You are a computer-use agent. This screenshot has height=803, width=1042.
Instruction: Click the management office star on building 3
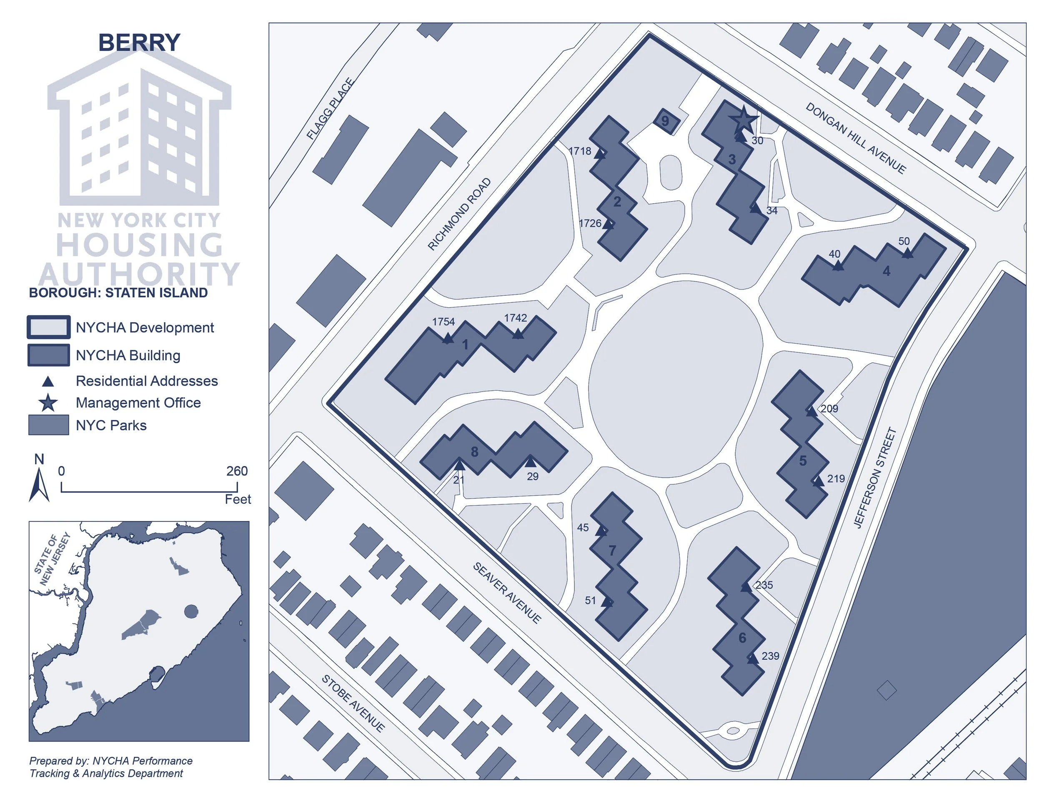743,120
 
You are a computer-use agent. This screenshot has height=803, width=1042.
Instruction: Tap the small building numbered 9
665,121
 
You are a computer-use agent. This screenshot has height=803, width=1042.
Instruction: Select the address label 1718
580,151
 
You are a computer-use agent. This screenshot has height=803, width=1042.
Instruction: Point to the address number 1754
443,322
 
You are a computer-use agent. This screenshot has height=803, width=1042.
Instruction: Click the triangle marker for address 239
752,658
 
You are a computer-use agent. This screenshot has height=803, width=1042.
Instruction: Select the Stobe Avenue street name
353,703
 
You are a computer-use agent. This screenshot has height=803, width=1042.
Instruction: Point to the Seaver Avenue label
507,593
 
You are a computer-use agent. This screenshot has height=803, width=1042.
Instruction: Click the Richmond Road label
459,214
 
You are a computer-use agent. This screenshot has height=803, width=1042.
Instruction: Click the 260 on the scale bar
237,471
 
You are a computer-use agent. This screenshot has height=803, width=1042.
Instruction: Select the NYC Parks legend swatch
48,425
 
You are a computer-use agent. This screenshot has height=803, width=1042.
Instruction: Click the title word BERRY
139,42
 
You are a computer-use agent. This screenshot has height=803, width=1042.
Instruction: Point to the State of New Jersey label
53,559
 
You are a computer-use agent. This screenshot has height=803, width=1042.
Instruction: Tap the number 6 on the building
742,638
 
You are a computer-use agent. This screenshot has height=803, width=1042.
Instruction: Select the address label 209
829,409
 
